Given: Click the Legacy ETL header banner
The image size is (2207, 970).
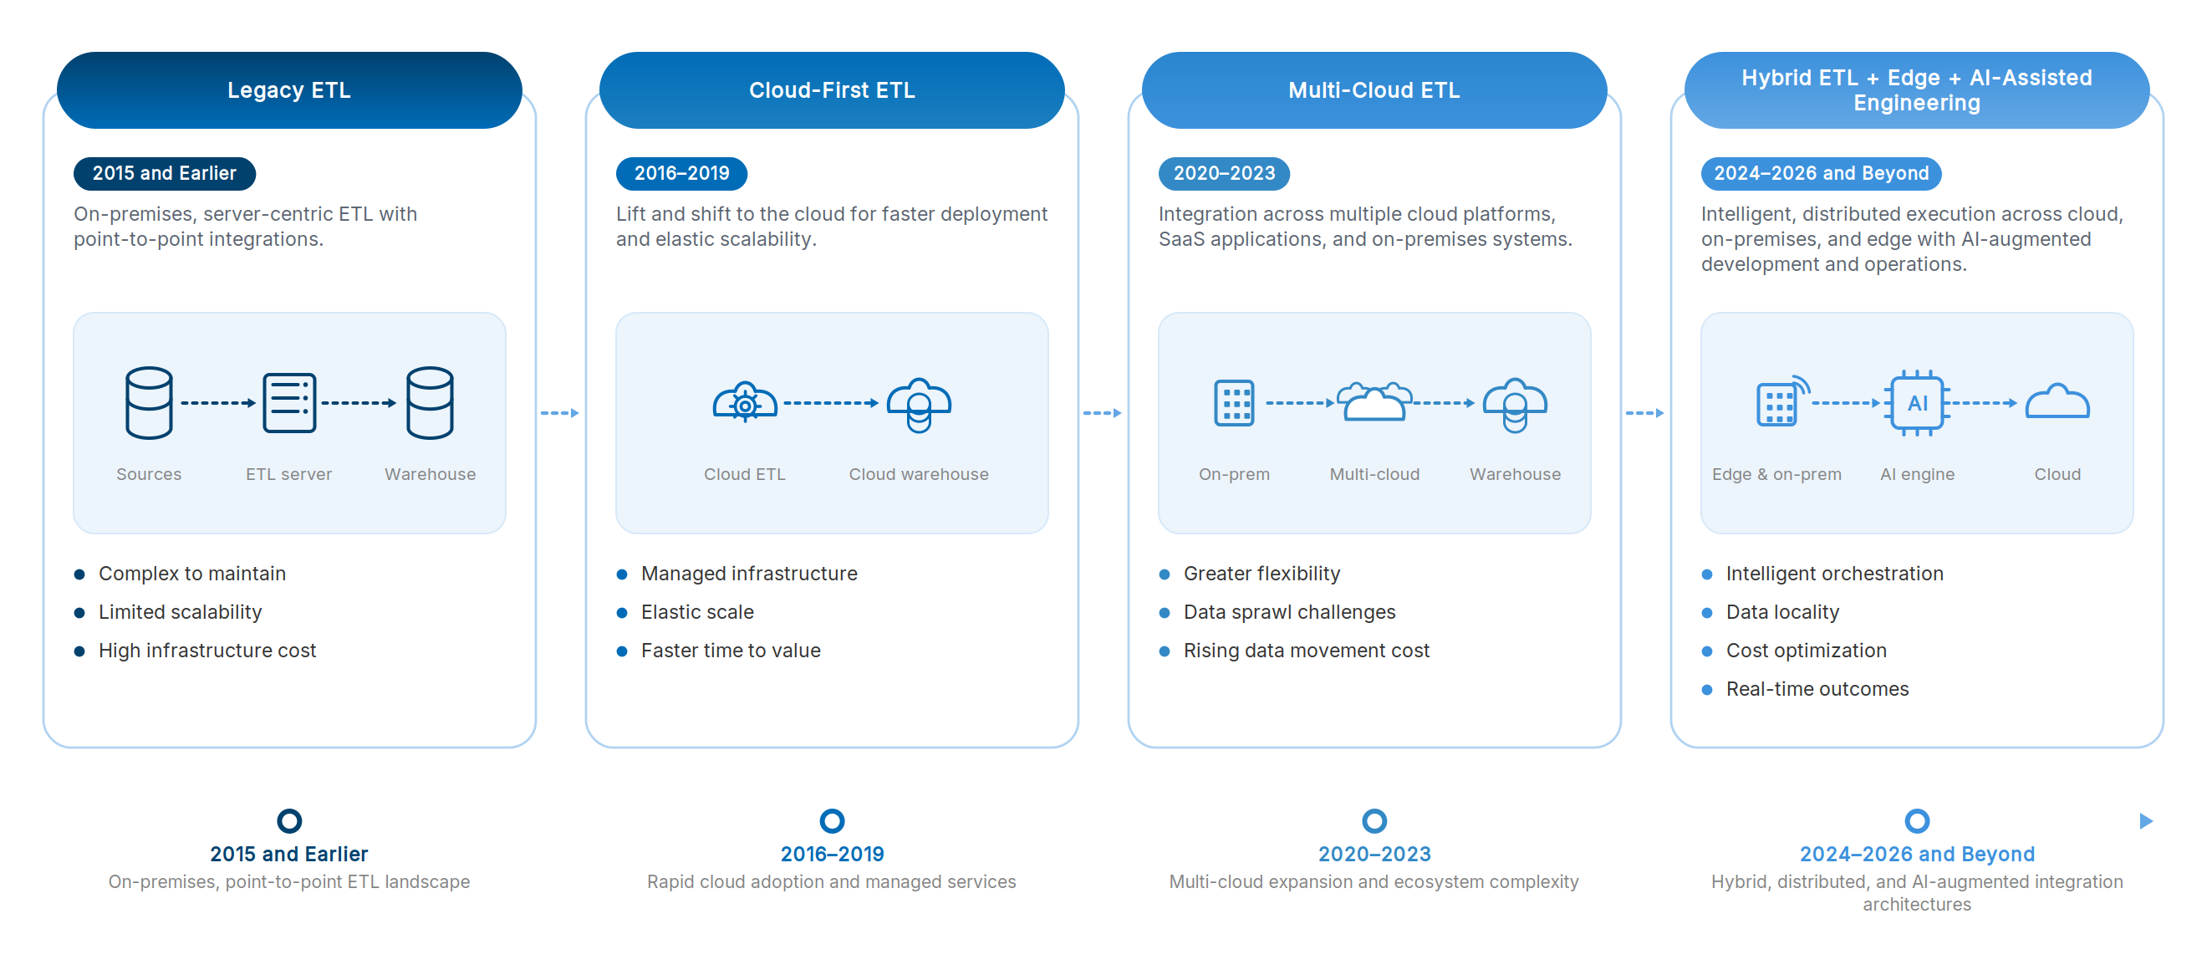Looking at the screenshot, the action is [289, 90].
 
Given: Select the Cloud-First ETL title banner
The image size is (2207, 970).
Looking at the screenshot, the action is [832, 90].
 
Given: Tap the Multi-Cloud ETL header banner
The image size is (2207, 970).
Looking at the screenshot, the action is [1374, 90].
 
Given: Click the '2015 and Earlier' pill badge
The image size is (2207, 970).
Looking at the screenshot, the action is [165, 173].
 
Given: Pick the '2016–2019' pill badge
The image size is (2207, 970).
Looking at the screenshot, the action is [682, 173].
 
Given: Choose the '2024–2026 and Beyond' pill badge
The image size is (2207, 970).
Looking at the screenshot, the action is [1822, 173].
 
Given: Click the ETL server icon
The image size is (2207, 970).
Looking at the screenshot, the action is [289, 403].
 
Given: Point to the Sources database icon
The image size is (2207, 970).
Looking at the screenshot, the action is [149, 403].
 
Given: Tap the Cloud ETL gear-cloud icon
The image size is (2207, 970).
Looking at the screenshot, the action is [746, 402].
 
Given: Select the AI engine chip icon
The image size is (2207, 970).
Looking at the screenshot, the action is [1918, 403].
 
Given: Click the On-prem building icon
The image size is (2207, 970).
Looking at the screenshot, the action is [1235, 403].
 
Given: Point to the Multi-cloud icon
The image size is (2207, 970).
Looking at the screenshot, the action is [1374, 401].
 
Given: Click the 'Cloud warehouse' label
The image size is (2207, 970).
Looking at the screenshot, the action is [919, 474].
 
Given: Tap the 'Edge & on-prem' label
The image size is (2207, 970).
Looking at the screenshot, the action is [1777, 474].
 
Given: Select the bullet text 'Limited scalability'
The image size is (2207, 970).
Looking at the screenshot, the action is [180, 612].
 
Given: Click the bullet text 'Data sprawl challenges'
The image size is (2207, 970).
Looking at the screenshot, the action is [1289, 612].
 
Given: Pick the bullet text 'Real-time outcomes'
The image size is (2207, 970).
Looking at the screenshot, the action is [1817, 689].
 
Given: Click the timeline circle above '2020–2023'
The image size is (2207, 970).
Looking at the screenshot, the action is [1374, 821].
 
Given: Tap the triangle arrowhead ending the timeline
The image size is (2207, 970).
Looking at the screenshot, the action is [2146, 821].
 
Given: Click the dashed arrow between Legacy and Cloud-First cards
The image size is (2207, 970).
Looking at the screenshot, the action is [560, 413].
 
